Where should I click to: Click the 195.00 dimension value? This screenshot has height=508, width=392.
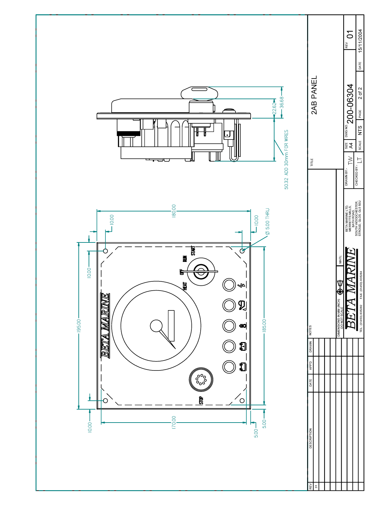[x=78, y=326]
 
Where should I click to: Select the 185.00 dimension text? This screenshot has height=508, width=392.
[x=265, y=326]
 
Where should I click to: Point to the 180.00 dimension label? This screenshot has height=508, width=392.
[x=174, y=211]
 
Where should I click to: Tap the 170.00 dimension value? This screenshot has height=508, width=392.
[x=174, y=423]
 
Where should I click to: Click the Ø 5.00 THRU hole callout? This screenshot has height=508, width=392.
[x=267, y=221]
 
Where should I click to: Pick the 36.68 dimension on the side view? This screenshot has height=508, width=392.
[x=282, y=102]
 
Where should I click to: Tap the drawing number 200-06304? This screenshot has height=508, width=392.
[x=350, y=104]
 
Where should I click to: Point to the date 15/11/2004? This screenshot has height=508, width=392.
[x=360, y=41]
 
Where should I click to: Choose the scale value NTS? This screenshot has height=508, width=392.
[x=360, y=130]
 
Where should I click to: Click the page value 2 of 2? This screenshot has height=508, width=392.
[x=360, y=93]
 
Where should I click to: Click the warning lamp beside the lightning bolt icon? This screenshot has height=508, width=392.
[x=229, y=285]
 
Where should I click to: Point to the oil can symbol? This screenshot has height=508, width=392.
[x=242, y=305]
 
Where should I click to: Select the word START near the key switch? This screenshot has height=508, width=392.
[x=193, y=250]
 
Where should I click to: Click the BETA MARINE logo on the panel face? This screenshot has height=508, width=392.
[x=105, y=326]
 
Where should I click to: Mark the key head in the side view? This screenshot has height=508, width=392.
[x=199, y=92]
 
